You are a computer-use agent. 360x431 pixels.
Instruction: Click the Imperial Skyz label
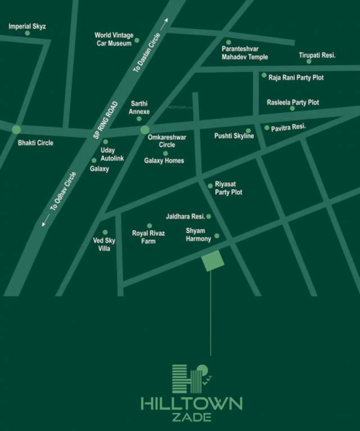27,26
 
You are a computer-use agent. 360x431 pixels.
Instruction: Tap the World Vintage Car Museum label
114,39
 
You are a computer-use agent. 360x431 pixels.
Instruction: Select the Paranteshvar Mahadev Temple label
244,53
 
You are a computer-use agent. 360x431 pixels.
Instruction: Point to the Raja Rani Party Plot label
296,77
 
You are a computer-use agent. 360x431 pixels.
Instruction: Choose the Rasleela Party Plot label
293,102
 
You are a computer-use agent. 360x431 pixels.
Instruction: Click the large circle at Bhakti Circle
16,130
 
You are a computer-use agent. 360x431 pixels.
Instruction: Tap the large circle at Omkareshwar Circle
145,130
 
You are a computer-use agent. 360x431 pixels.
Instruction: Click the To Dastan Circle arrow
165,23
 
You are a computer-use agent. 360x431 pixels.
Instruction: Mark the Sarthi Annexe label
139,108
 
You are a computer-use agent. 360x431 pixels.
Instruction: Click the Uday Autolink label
112,154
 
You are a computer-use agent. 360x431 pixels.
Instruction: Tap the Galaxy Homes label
164,161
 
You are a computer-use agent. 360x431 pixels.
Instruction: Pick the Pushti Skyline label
234,136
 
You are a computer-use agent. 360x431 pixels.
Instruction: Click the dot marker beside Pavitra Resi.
267,127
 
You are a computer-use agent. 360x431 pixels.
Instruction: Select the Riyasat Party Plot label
229,189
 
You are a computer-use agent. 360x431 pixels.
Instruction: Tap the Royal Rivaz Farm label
148,237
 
